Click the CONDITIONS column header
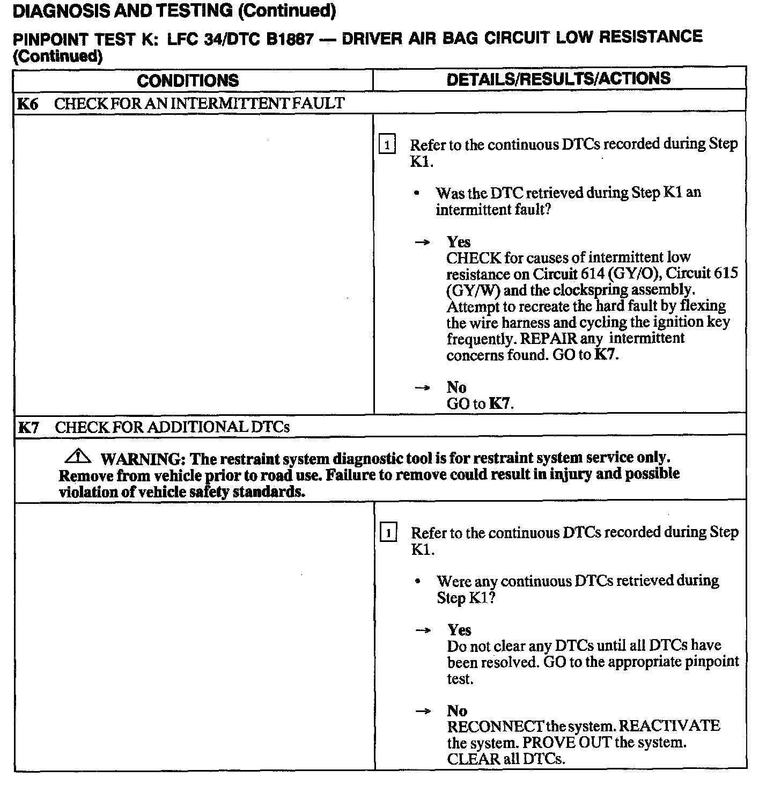tap(188, 80)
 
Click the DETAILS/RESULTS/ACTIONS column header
tap(558, 79)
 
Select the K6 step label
tap(28, 104)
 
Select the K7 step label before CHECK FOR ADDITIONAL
tap(28, 428)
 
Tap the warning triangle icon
tap(78, 457)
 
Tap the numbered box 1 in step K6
tap(387, 145)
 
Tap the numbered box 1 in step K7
tap(388, 533)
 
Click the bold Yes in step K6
tap(458, 242)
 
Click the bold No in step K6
tap(456, 387)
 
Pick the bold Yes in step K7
tap(459, 630)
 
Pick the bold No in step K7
tap(457, 711)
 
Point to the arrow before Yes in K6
tap(423, 243)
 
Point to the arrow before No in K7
tap(423, 712)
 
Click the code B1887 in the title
tap(290, 40)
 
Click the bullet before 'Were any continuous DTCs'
tap(418, 582)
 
